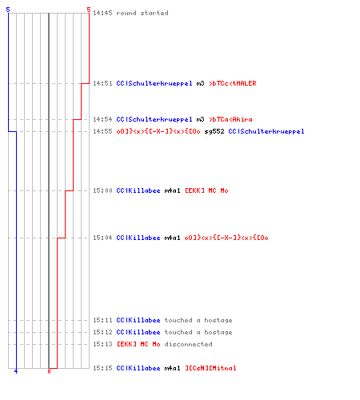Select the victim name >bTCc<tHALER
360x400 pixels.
click(233, 83)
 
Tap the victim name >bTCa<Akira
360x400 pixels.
click(230, 119)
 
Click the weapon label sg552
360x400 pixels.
click(214, 131)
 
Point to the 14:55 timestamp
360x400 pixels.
click(102, 131)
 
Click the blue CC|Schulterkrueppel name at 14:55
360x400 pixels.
click(266, 131)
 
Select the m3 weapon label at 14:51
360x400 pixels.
click(200, 83)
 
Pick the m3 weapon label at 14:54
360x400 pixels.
click(200, 119)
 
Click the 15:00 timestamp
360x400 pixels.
click(102, 190)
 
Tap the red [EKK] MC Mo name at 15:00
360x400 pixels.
click(206, 190)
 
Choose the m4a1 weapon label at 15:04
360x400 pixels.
click(172, 238)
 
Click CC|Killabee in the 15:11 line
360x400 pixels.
click(138, 320)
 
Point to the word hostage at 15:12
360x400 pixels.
click(218, 333)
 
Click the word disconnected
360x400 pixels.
click(188, 344)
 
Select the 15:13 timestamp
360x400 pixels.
click(102, 344)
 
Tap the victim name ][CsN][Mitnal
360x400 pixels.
click(210, 368)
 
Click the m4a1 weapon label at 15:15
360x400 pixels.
click(172, 368)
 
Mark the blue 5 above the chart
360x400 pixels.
click(8, 10)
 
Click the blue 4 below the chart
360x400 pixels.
click(16, 371)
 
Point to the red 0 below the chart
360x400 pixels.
click(49, 371)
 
